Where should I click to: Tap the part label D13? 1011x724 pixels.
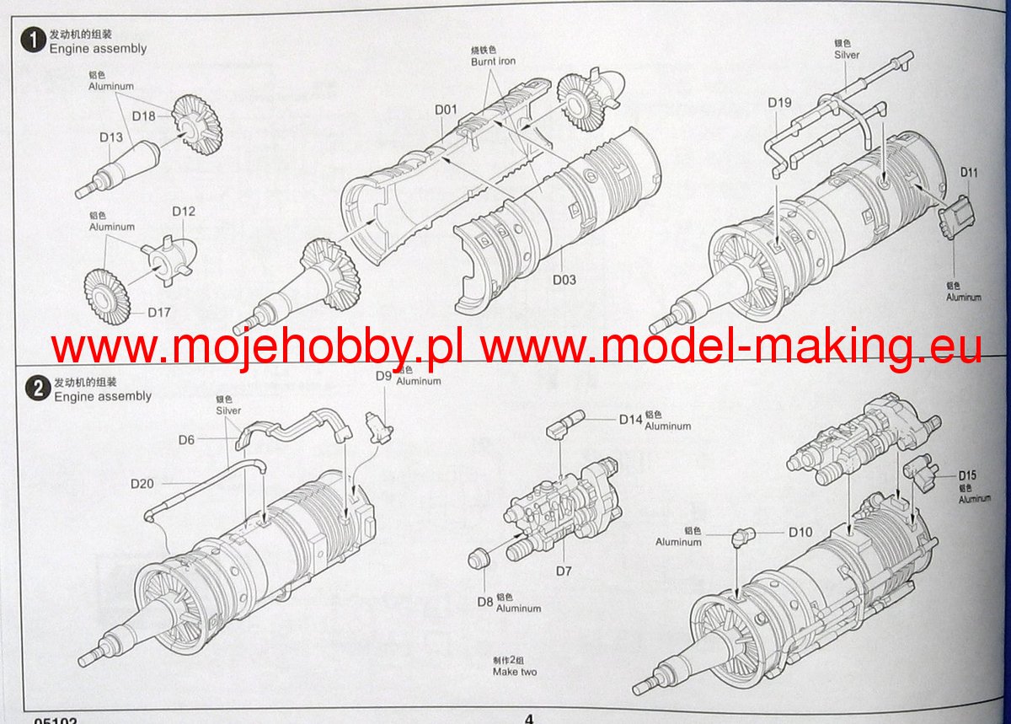tap(111, 137)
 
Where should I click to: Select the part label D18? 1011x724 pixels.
tap(143, 115)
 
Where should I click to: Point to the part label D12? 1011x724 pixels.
tap(183, 212)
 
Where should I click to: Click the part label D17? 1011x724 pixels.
tap(159, 312)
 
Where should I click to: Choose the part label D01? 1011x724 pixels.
tap(446, 110)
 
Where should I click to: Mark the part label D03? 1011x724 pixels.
tap(564, 280)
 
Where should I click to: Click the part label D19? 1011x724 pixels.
tap(779, 103)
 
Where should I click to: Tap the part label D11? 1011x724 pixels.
tap(969, 173)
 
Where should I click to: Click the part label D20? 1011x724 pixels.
tap(142, 484)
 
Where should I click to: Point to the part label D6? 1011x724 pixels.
tap(186, 439)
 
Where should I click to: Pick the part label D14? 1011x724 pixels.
tap(630, 419)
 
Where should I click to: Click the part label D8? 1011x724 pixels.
tap(484, 602)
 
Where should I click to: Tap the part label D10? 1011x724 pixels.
tap(800, 532)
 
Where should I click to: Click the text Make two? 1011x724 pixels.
tap(514, 672)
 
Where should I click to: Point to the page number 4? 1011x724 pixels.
tap(528, 718)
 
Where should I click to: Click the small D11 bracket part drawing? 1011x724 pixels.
tap(958, 217)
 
